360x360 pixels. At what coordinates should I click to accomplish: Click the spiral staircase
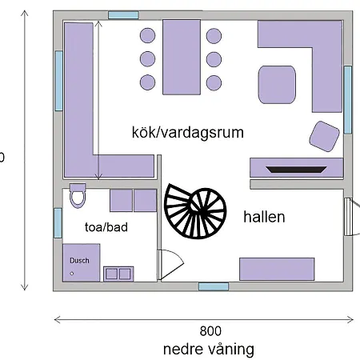(195, 210)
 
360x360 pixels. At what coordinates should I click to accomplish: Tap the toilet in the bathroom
(78, 195)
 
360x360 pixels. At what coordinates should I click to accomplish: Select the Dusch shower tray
(82, 262)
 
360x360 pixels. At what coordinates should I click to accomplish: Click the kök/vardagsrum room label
(188, 132)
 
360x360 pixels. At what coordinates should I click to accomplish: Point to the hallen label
(264, 217)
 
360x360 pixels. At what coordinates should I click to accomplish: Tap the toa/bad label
(106, 227)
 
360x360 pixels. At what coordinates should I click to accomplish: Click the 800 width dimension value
(210, 331)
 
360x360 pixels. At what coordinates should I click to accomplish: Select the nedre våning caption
(209, 350)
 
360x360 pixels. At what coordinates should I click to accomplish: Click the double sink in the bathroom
(118, 274)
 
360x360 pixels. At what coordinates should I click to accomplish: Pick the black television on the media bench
(296, 170)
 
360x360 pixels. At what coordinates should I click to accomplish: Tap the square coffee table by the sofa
(277, 85)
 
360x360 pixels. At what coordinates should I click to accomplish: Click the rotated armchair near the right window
(324, 136)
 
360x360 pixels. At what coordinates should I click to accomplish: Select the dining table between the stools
(182, 57)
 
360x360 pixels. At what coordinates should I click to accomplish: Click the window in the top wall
(123, 15)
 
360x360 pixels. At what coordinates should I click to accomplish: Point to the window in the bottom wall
(214, 286)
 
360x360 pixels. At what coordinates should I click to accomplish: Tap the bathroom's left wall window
(58, 223)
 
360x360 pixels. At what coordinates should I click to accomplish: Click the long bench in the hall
(277, 269)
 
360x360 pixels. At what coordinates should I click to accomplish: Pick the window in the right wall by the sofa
(347, 100)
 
